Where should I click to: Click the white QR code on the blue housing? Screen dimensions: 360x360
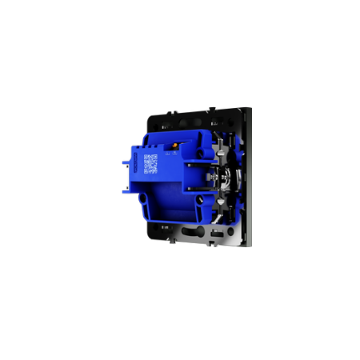pos(149,165)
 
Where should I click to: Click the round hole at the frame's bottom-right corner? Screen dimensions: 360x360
pos(237,238)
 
